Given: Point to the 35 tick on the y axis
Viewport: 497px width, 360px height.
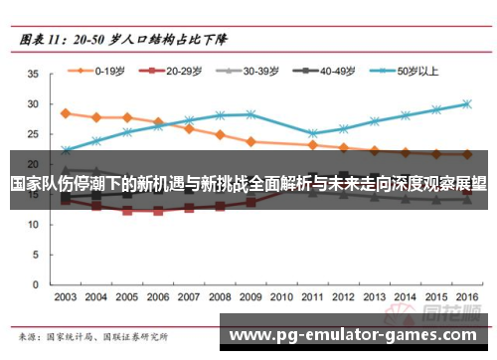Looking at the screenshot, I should point(33,74).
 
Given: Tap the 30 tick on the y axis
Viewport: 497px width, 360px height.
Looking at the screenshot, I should point(33,103).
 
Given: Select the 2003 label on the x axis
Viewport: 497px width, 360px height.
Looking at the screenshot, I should point(66,296).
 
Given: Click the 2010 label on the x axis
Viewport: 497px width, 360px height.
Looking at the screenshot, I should point(281,296).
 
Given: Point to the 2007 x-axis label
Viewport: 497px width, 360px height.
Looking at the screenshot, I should point(189,296).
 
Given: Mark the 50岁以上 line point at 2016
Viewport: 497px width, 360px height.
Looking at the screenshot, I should point(466,103).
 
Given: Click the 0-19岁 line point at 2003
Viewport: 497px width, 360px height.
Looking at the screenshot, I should point(66,113).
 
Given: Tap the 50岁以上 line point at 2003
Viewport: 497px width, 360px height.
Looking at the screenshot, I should point(66,150).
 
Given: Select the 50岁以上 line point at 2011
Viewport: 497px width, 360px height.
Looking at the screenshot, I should point(312,133).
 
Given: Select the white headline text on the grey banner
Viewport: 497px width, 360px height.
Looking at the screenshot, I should point(248,184).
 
